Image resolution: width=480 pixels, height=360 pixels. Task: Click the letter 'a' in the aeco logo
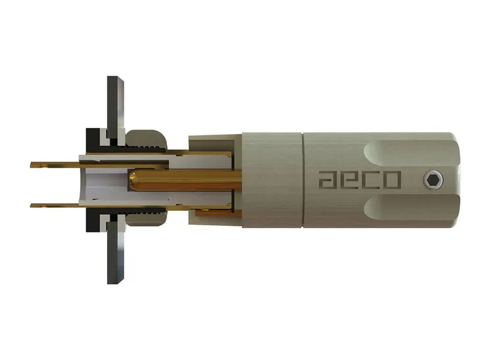point(328,179)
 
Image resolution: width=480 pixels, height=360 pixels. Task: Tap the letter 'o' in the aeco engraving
point(393,179)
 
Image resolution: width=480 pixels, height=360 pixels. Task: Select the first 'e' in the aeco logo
point(350,179)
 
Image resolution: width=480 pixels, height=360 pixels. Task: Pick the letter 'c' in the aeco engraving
point(371,179)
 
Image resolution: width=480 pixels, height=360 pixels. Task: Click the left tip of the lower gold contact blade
point(33,205)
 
